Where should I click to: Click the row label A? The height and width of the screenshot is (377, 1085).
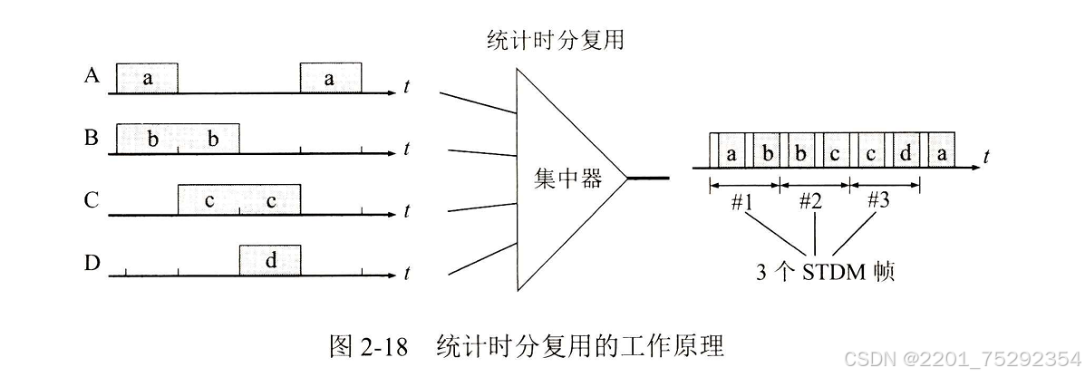tap(91, 76)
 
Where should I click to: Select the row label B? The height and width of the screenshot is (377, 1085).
tap(91, 139)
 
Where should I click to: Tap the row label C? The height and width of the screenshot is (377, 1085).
tap(91, 200)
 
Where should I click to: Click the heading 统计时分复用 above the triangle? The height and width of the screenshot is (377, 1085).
tap(556, 41)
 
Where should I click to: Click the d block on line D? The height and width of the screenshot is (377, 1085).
tap(270, 261)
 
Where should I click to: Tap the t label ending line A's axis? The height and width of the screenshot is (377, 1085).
tap(407, 88)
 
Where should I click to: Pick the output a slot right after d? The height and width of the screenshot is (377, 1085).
tap(942, 154)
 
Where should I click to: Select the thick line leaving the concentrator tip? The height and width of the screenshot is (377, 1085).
tap(649, 178)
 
